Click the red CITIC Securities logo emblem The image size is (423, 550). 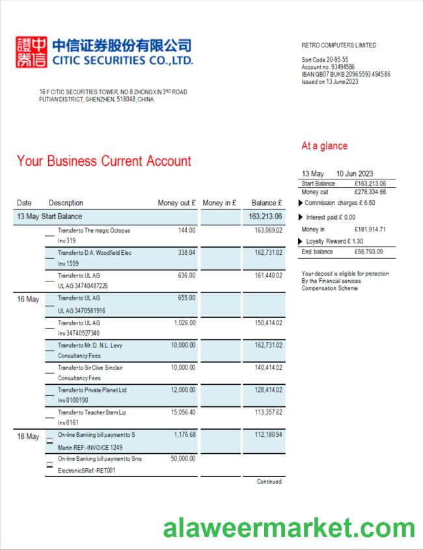pyautogui.click(x=31, y=53)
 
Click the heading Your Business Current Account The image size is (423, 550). pyautogui.click(x=104, y=161)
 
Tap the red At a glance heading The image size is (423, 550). pyautogui.click(x=324, y=146)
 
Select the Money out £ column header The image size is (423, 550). pyautogui.click(x=176, y=203)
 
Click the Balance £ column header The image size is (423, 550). pyautogui.click(x=267, y=203)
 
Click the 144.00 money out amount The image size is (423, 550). pyautogui.click(x=187, y=230)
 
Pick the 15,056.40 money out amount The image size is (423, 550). pyautogui.click(x=183, y=412)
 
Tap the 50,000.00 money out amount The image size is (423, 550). pyautogui.click(x=183, y=458)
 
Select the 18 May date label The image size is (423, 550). pyautogui.click(x=28, y=436)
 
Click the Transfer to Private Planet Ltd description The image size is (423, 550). pyautogui.click(x=92, y=389)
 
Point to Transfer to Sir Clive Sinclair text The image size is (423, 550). pyautogui.click(x=90, y=367)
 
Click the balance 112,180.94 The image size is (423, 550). pyautogui.click(x=267, y=435)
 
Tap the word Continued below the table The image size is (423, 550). pyautogui.click(x=269, y=482)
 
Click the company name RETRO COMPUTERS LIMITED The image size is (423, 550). pyautogui.click(x=338, y=46)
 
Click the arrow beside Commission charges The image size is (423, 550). pyautogui.click(x=300, y=203)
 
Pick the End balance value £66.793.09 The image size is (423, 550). pyautogui.click(x=369, y=252)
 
